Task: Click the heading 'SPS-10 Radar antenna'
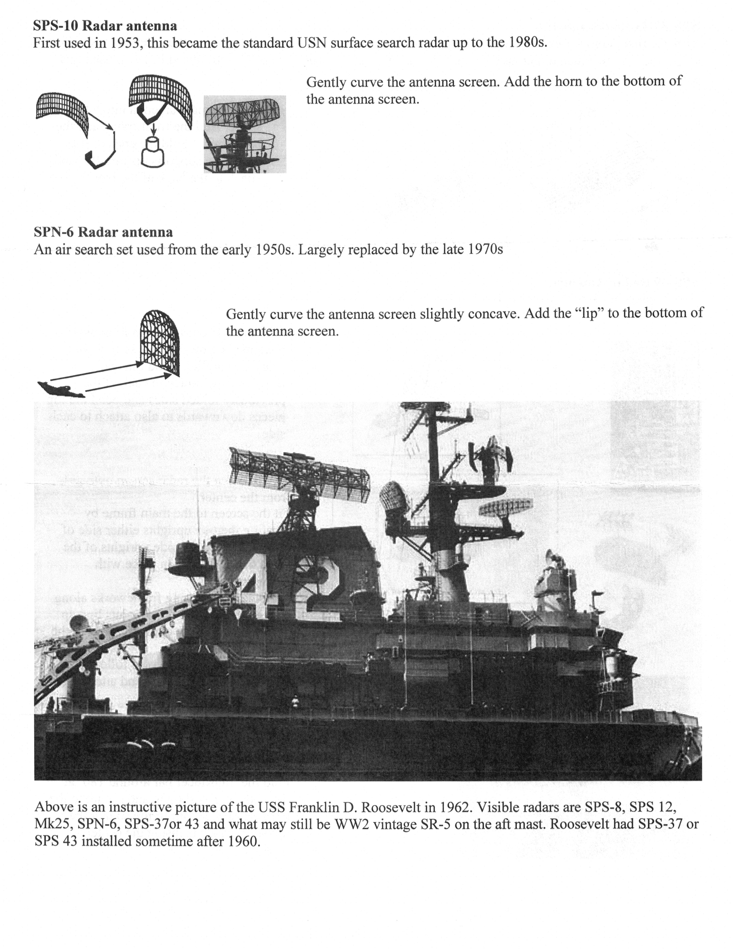click(105, 26)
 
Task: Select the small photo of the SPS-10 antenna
click(245, 134)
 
